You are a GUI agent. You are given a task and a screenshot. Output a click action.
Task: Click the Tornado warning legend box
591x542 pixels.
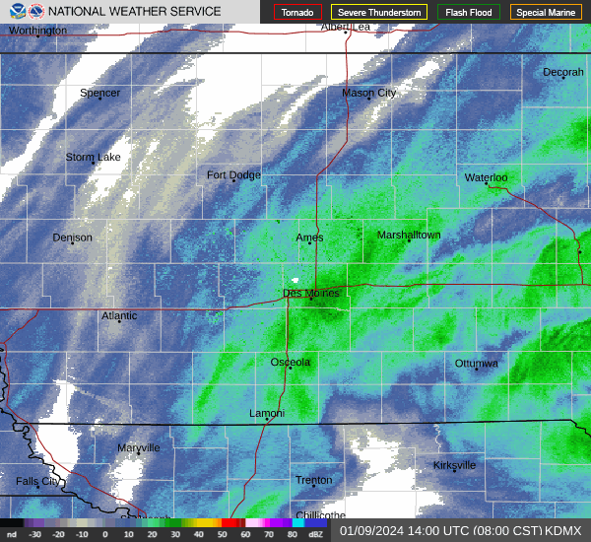pyautogui.click(x=297, y=13)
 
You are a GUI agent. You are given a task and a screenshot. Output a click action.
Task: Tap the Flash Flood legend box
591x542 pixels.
pyautogui.click(x=468, y=13)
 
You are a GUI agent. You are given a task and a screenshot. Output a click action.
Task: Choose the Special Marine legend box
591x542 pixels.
pyautogui.click(x=545, y=13)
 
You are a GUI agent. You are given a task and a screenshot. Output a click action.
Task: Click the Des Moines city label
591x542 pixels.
pyautogui.click(x=310, y=294)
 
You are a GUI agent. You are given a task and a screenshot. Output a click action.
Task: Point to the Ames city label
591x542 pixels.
pyautogui.click(x=309, y=237)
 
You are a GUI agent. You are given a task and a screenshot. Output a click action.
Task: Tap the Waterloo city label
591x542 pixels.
pyautogui.click(x=486, y=178)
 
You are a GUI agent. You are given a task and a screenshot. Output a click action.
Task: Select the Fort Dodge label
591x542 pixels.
pyautogui.click(x=233, y=175)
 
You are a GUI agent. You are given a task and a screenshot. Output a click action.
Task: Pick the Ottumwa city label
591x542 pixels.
pyautogui.click(x=476, y=364)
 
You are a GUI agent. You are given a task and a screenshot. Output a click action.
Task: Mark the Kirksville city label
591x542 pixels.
pyautogui.click(x=454, y=465)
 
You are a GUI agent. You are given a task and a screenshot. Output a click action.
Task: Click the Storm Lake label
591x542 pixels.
pyautogui.click(x=93, y=158)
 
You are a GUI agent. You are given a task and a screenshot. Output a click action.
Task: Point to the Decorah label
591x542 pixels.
pyautogui.click(x=562, y=73)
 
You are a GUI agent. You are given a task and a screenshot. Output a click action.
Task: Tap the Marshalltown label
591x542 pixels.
pyautogui.click(x=409, y=236)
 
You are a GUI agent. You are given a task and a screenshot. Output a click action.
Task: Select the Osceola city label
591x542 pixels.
pyautogui.click(x=291, y=363)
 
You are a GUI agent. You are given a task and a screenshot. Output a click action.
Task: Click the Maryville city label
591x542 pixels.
pyautogui.click(x=138, y=448)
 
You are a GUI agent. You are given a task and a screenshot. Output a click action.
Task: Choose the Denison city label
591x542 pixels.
pyautogui.click(x=72, y=237)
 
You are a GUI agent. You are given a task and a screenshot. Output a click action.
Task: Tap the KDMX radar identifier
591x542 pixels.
pyautogui.click(x=563, y=530)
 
